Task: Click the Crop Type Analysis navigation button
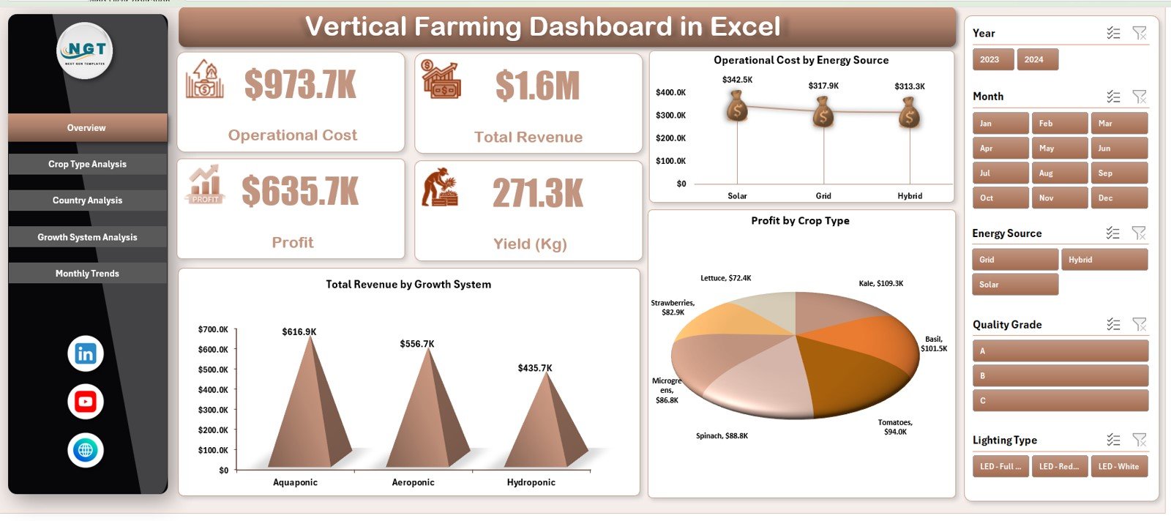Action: pyautogui.click(x=87, y=164)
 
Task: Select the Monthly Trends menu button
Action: pyautogui.click(x=87, y=274)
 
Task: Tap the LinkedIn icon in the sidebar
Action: pyautogui.click(x=86, y=354)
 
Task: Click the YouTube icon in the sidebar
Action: pyautogui.click(x=86, y=402)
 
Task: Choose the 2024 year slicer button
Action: pyautogui.click(x=1037, y=60)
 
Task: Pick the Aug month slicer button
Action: pyautogui.click(x=1059, y=173)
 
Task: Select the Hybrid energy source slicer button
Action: pyautogui.click(x=1104, y=260)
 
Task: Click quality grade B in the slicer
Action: pyautogui.click(x=1060, y=376)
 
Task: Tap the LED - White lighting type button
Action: pyautogui.click(x=1118, y=467)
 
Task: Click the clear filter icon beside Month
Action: pyautogui.click(x=1139, y=97)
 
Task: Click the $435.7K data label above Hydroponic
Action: pyautogui.click(x=535, y=368)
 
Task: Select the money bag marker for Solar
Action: pyautogui.click(x=737, y=108)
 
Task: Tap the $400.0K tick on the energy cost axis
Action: pyautogui.click(x=670, y=92)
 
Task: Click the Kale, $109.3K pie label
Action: pyautogui.click(x=880, y=283)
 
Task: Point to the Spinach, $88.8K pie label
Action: pyautogui.click(x=722, y=436)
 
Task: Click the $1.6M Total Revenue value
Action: pyautogui.click(x=537, y=86)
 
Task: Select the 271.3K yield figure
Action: pyautogui.click(x=538, y=193)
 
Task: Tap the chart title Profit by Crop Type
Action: pyautogui.click(x=800, y=221)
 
